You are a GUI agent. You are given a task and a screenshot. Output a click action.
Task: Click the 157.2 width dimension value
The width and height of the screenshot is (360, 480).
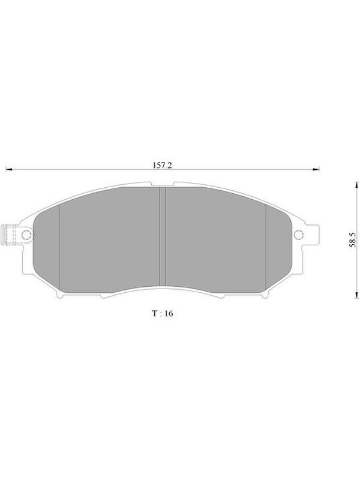(x=162, y=166)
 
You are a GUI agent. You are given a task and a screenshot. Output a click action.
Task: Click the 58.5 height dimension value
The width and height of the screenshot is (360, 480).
(x=352, y=240)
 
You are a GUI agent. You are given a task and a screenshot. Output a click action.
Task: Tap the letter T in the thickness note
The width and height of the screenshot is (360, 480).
(x=155, y=313)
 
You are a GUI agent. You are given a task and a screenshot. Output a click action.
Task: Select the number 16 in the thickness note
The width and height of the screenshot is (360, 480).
(x=169, y=313)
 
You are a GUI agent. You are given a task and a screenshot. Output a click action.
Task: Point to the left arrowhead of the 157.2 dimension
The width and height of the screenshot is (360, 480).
(x=9, y=169)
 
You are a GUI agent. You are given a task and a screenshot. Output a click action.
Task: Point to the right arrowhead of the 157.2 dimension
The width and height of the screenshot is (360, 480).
(x=316, y=169)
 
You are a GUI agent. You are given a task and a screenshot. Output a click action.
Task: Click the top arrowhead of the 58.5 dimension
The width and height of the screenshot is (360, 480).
(x=356, y=185)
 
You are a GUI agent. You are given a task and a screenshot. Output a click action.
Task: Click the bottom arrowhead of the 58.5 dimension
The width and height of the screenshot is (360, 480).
(x=356, y=295)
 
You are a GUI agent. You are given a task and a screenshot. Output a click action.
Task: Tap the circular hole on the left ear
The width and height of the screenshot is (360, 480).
(x=26, y=235)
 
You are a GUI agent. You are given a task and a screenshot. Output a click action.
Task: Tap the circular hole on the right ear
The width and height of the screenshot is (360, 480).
(x=298, y=235)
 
